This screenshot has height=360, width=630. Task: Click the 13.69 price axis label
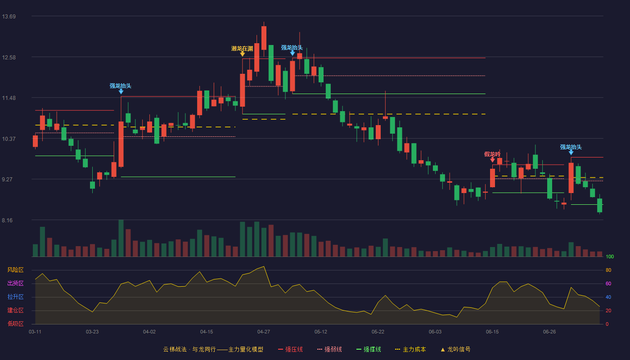(9, 17)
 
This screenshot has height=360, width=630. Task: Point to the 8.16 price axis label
(7, 220)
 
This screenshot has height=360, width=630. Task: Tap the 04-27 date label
(264, 332)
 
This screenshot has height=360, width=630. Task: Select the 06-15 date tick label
(492, 332)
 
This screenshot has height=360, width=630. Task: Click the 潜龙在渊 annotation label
(242, 49)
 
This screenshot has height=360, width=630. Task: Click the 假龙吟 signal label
(492, 154)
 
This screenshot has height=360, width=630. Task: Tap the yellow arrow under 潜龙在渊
(243, 54)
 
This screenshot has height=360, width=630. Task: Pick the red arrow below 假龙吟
(492, 160)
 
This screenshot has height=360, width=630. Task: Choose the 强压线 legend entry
(290, 349)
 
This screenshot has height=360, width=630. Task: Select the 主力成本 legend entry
(410, 349)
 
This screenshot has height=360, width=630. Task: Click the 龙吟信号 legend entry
(455, 349)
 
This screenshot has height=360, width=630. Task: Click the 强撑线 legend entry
(369, 349)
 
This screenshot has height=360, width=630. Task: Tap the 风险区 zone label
(15, 270)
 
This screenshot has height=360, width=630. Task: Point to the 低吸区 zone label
(15, 324)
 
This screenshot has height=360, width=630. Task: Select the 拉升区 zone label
(15, 297)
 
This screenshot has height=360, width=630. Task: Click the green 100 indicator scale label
(610, 256)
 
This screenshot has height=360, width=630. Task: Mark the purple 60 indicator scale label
(608, 283)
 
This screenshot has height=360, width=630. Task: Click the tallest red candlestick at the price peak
(264, 38)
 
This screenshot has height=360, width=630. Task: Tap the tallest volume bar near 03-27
(121, 238)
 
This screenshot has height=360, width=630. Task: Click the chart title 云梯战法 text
(175, 349)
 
